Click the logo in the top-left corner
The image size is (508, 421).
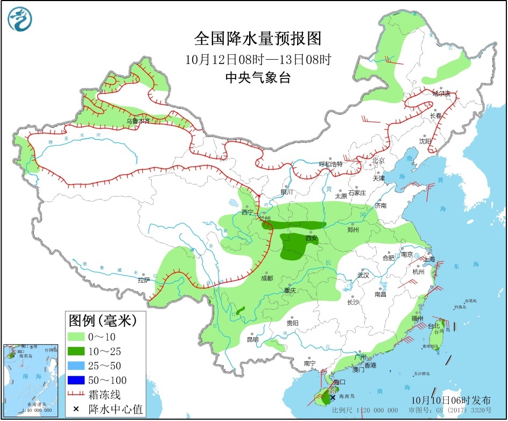[x=20, y=20]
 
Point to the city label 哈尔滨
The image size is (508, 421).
[x=443, y=93]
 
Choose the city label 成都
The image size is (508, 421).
[x=267, y=278]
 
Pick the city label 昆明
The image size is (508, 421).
[x=252, y=339]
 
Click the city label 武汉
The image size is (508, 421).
[x=363, y=275]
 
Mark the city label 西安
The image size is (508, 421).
[x=312, y=238]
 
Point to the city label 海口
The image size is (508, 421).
[x=338, y=382]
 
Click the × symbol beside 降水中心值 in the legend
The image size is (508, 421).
[x=76, y=410]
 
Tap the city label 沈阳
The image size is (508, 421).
[x=425, y=141]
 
